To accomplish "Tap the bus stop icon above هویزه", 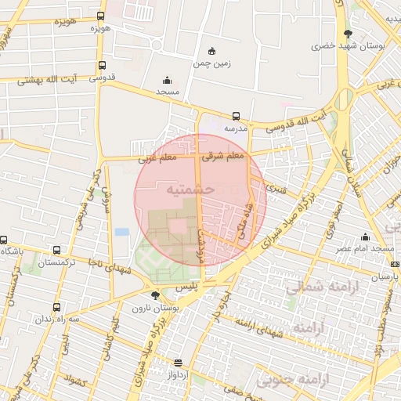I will (100, 16).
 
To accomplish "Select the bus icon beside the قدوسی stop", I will (103, 66).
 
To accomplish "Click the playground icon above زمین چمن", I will (213, 51).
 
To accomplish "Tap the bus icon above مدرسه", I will (237, 116).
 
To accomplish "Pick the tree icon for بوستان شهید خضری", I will (345, 34).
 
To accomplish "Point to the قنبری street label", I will (276, 189).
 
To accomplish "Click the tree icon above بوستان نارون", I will (154, 296).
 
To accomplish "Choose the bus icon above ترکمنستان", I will (56, 251).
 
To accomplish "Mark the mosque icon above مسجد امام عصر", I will (365, 237).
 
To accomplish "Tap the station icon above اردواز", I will (179, 363).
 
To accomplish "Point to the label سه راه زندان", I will (63, 320).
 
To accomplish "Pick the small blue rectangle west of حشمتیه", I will (121, 232).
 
